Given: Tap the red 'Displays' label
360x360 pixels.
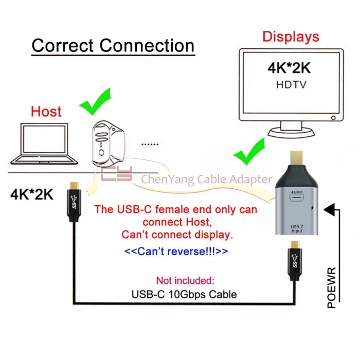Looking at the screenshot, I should tap(291, 37).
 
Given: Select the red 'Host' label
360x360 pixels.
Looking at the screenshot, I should tap(46, 111).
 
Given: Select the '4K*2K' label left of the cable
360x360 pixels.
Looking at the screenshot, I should tap(32, 195).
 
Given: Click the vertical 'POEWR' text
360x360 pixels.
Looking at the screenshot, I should tap(331, 287).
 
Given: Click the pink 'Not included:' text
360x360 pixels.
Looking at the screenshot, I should tap(185, 280).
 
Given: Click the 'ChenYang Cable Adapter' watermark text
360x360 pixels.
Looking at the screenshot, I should tap(206, 179).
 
